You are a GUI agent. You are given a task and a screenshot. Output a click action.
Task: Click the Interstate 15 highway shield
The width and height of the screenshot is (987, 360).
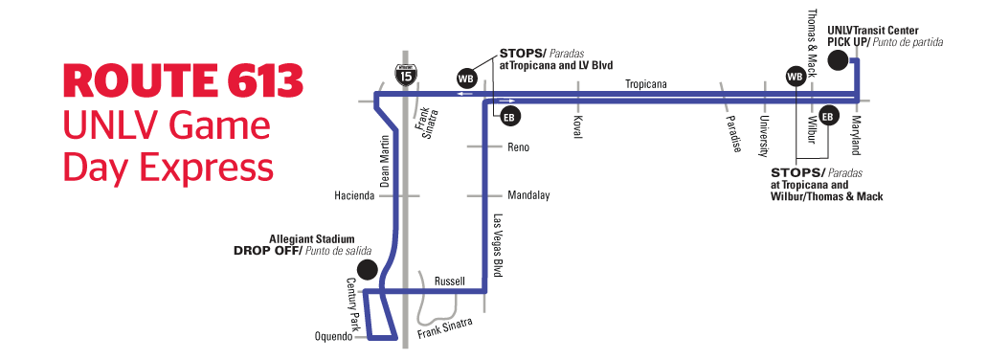[x=407, y=72]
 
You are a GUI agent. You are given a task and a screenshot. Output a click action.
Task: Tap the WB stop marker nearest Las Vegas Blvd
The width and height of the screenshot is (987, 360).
[x=466, y=77]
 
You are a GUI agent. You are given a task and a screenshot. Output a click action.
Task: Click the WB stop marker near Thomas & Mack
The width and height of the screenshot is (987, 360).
[x=794, y=76]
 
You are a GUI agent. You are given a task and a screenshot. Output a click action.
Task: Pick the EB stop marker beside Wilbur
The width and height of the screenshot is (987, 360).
[x=828, y=116]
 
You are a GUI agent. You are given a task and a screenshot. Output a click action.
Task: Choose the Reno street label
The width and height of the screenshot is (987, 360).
[x=518, y=147]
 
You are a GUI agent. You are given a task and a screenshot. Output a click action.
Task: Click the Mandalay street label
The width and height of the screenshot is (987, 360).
[x=528, y=195]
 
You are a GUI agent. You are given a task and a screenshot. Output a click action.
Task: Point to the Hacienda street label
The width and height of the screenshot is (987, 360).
[x=353, y=195]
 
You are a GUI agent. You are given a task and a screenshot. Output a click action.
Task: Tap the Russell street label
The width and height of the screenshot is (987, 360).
[x=449, y=281]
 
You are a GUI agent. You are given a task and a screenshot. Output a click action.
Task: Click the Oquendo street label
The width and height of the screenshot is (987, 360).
[x=334, y=336]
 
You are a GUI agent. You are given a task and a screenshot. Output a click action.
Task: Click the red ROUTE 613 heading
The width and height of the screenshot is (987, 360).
[x=183, y=81]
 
